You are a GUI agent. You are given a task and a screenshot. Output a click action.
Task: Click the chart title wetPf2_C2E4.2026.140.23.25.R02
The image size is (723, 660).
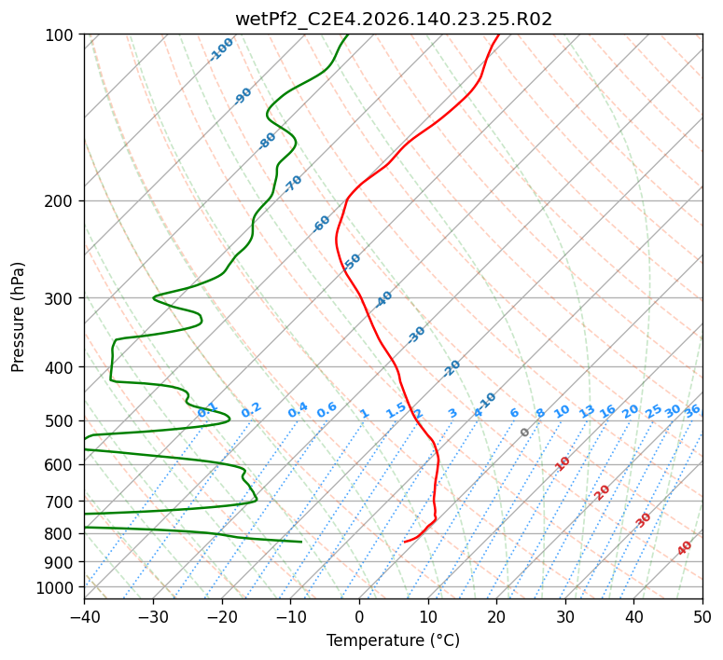(394, 20)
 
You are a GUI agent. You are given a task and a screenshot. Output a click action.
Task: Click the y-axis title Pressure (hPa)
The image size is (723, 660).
(18, 317)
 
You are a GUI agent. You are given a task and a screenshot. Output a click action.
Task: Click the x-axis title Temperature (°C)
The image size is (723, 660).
(394, 640)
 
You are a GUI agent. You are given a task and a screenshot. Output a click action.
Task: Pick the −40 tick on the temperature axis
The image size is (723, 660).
(84, 616)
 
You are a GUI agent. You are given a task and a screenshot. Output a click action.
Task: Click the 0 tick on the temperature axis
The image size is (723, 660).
(359, 616)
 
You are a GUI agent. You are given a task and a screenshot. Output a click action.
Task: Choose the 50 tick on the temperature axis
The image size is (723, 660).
(702, 616)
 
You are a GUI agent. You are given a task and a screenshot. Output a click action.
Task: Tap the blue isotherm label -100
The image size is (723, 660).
(221, 49)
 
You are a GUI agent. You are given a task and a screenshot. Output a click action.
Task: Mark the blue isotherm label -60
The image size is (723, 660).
(321, 224)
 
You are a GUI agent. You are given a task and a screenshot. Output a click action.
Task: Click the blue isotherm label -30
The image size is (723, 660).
(416, 335)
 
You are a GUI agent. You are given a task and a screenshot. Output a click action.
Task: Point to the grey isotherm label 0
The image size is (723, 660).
(524, 433)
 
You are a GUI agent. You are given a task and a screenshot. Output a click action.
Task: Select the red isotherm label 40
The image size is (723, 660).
(684, 548)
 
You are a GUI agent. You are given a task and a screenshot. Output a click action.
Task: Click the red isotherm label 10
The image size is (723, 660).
(563, 463)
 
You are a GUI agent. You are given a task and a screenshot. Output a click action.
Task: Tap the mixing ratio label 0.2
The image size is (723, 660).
(251, 410)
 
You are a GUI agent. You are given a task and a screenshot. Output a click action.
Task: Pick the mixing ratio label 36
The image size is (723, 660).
(692, 411)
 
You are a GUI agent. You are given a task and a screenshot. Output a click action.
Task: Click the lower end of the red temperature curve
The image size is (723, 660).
(404, 542)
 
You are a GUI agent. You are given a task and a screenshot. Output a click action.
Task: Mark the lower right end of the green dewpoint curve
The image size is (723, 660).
(301, 542)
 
